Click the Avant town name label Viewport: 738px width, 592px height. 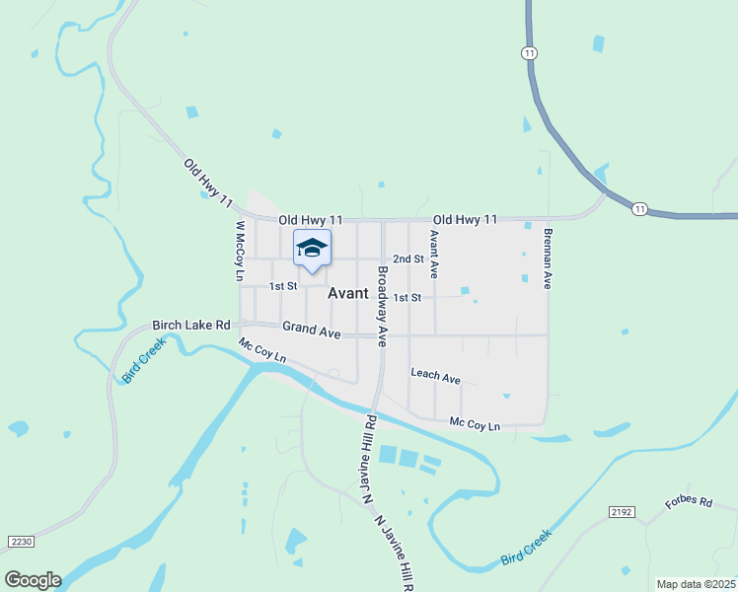347,293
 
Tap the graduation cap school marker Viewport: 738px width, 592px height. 312,248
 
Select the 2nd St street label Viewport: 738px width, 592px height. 407,259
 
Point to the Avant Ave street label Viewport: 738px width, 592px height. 432,255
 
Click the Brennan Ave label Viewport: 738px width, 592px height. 547,259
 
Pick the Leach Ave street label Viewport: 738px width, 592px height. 435,377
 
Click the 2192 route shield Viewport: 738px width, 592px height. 622,512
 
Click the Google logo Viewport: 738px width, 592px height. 32,580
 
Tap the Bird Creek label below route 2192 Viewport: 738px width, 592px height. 525,546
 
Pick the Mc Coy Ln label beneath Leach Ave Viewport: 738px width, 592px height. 475,424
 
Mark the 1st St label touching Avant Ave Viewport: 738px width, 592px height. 407,297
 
